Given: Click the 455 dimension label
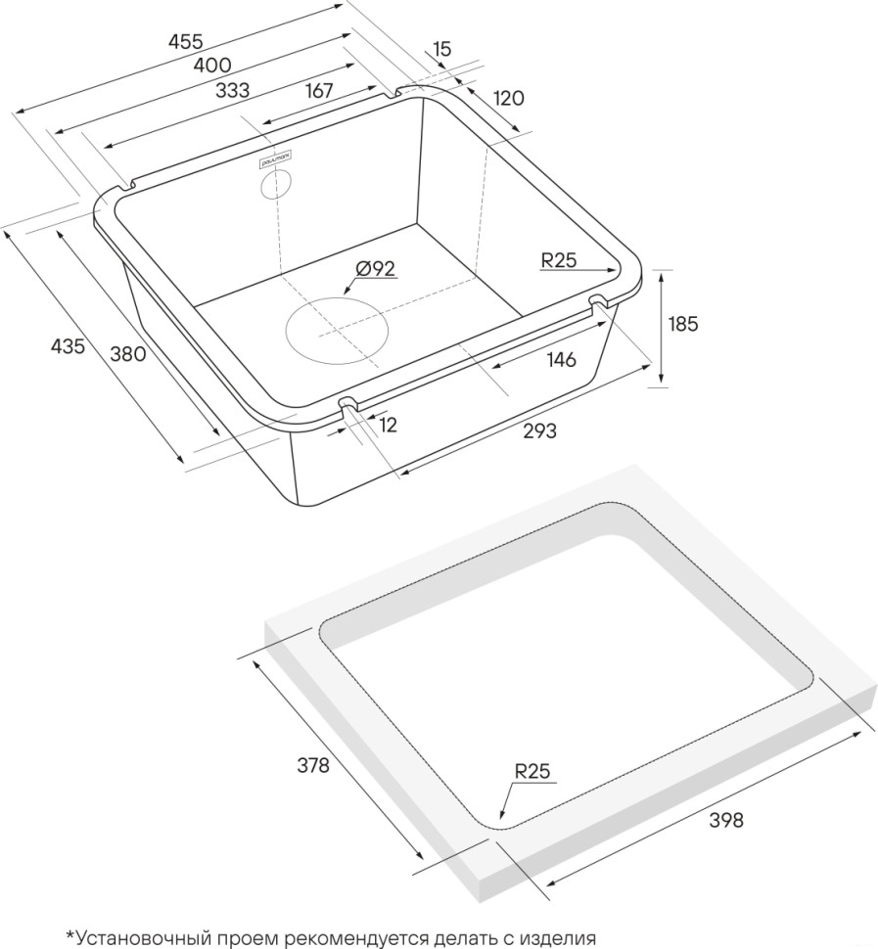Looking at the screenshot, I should pos(185,41).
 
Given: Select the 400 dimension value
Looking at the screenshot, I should pos(212,66).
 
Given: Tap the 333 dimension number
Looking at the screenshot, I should pos(232,90).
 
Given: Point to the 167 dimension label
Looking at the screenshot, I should pos(319,90).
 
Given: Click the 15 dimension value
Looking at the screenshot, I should pos(441,49).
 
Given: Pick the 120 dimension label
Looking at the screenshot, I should pos(508,97).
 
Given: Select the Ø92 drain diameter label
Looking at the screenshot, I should pos(376,269).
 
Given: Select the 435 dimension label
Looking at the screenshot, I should pos(68,346).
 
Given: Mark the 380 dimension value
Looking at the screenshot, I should pos(127,353).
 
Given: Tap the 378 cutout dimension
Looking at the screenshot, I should pos(313,766).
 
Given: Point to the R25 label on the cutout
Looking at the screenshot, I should pos(533,771).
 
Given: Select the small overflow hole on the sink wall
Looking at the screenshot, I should pos(276,184).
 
